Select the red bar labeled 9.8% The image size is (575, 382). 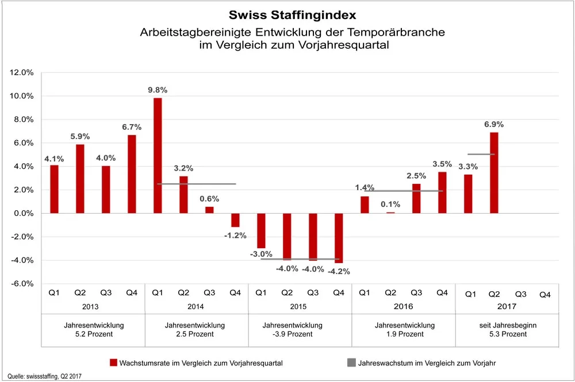coord(157,155)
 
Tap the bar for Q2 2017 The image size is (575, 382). coord(493,172)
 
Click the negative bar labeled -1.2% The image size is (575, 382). coord(235,220)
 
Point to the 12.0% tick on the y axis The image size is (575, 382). coord(22,72)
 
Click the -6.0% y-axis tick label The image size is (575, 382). coord(22,284)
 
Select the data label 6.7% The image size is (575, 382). coord(131,126)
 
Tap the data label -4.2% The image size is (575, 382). coord(338,271)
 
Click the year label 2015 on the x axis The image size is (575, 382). coord(300,307)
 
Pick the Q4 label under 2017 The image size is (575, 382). coord(545,295)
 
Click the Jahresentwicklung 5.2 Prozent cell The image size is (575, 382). coord(93,330)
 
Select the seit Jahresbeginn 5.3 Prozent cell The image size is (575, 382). coord(507,330)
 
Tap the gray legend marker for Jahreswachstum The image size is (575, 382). coord(351,362)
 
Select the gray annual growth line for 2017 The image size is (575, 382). coord(481,154)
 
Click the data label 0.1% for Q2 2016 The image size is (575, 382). coord(390,204)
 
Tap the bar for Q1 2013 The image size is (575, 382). coord(54,189)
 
